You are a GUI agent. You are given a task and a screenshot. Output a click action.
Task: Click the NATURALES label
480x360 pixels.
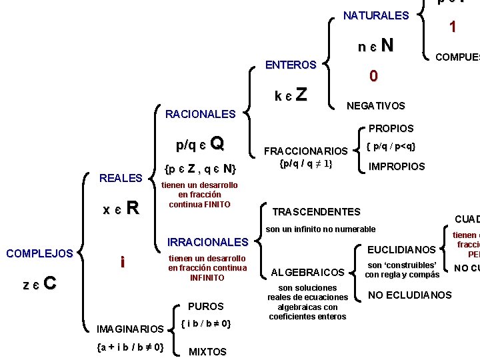[375, 15]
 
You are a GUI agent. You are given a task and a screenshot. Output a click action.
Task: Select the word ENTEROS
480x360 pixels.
[291, 65]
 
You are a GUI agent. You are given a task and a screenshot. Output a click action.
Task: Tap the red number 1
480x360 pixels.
[453, 27]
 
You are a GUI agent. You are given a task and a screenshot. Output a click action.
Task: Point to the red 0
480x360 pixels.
[374, 77]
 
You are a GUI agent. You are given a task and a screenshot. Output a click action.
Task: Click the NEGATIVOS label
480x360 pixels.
[375, 105]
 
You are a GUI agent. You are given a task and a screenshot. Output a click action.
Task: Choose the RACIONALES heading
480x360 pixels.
[200, 114]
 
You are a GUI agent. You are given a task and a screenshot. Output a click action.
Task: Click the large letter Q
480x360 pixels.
[217, 143]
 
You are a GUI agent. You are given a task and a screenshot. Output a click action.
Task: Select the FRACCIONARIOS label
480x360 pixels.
[306, 151]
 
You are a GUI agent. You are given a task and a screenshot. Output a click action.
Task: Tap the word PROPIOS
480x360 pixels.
[391, 128]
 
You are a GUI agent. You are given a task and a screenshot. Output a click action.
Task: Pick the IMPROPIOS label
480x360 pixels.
[397, 167]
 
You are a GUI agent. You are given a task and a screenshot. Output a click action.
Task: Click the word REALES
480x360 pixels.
[121, 177]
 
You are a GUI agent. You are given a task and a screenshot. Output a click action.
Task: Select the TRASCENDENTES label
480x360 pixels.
[317, 212]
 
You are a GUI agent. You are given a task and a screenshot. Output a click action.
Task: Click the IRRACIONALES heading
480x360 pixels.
[207, 241]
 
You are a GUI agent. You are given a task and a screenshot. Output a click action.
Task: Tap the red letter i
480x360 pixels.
[121, 263]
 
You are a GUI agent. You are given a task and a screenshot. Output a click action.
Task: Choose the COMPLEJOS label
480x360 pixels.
[39, 253]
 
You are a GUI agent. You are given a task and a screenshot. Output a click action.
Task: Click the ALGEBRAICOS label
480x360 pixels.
[307, 271]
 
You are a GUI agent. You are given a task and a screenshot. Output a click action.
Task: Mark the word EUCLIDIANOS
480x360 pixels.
[401, 251]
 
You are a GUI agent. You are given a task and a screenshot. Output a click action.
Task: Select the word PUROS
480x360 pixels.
[206, 307]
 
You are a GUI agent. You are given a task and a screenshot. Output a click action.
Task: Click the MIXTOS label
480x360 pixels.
[207, 351]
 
